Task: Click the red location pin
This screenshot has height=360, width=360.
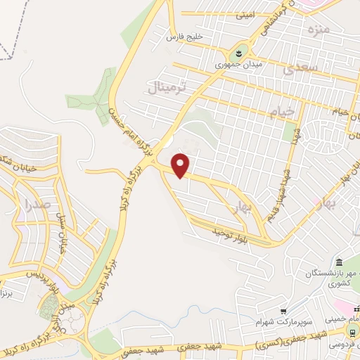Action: (181, 165)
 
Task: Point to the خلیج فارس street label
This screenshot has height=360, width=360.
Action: (184, 35)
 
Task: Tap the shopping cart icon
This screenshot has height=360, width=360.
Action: (283, 311)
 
